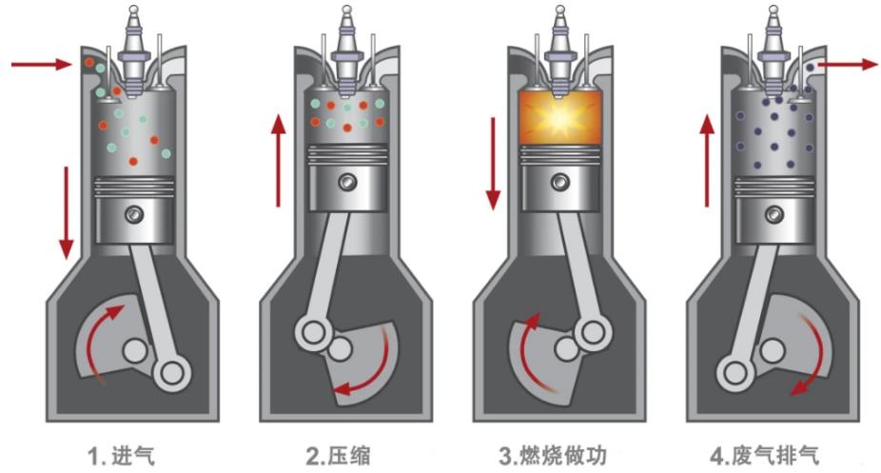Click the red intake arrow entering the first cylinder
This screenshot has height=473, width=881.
[x=42, y=64]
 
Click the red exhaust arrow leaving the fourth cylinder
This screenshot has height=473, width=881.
[x=847, y=64]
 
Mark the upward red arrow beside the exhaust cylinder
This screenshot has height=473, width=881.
[x=708, y=159]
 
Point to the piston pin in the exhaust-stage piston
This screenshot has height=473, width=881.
[x=773, y=214]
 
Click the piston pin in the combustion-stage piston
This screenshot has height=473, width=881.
[x=558, y=180]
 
